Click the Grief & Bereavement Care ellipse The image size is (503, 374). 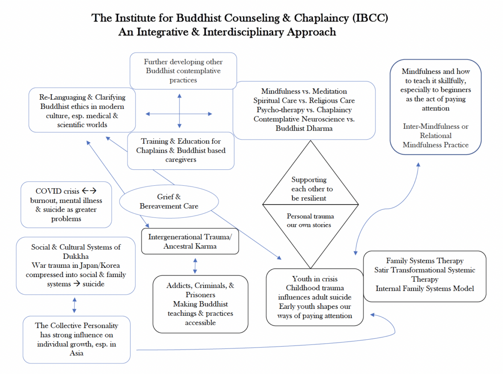[169, 202]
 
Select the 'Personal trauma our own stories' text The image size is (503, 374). [310, 221]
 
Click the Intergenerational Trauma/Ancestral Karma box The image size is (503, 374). [190, 241]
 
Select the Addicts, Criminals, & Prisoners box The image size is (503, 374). [200, 304]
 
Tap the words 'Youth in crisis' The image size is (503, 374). [315, 279]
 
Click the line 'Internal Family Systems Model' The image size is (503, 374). [424, 288]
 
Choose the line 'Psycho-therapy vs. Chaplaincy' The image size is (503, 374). [303, 110]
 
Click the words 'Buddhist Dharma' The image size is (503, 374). [304, 128]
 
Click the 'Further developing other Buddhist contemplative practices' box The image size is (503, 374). [183, 71]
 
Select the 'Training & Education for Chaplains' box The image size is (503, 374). [180, 150]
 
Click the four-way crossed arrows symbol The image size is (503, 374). [179, 113]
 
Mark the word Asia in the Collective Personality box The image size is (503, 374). [76, 353]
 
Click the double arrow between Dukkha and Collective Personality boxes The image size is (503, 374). [74, 305]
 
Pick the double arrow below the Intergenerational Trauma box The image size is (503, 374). [195, 265]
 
